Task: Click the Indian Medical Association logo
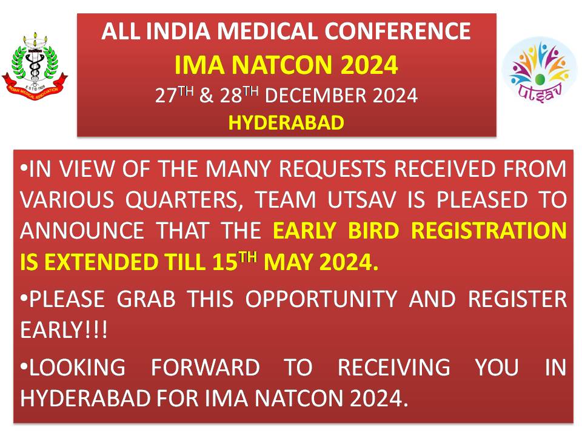point(35,66)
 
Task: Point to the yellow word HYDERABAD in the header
point(286,123)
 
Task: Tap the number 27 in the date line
point(166,96)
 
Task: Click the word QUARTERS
point(183,200)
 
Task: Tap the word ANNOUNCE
point(82,231)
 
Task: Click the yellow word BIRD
point(373,231)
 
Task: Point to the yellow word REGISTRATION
point(489,231)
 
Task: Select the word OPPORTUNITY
point(321,299)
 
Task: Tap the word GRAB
point(146,299)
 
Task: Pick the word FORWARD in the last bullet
point(206,367)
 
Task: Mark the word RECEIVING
point(394,367)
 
